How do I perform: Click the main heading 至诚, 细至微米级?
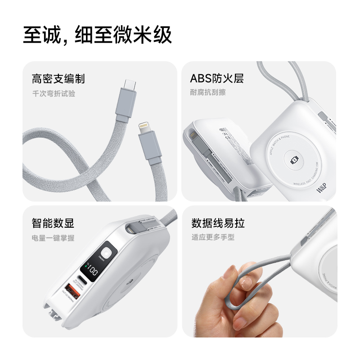coord(98,35)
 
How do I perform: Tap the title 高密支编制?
coord(58,79)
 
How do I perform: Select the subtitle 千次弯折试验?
coord(53,94)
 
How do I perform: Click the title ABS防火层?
coord(217,79)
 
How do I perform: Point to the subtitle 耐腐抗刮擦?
coord(208,93)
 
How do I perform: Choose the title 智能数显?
coord(53,223)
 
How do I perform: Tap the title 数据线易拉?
coord(218,223)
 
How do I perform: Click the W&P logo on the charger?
coord(324,189)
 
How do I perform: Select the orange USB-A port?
coord(72,288)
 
